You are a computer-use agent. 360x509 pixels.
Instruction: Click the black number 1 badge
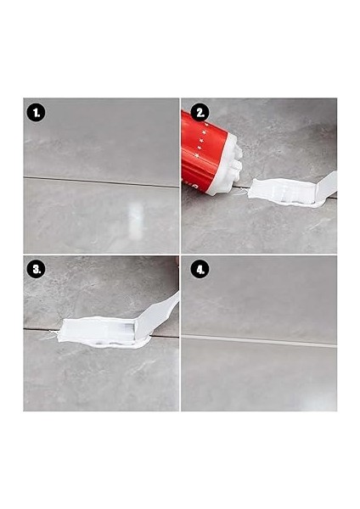(x=36, y=113)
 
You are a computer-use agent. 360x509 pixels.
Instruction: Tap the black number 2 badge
(x=200, y=113)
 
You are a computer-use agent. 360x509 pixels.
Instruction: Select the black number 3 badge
(x=36, y=269)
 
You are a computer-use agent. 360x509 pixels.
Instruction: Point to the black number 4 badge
(x=200, y=269)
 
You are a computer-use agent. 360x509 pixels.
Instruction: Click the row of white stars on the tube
(x=202, y=140)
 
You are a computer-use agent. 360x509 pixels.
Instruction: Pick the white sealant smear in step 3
(x=104, y=333)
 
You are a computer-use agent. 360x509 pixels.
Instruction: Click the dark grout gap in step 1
(x=101, y=182)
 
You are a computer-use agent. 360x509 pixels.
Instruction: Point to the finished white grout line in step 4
(x=259, y=341)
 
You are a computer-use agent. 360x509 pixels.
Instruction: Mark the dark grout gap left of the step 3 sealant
(x=42, y=330)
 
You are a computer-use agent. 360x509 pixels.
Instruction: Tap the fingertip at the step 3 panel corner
(x=177, y=260)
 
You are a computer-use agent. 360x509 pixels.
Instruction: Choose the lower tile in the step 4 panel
(x=259, y=377)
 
